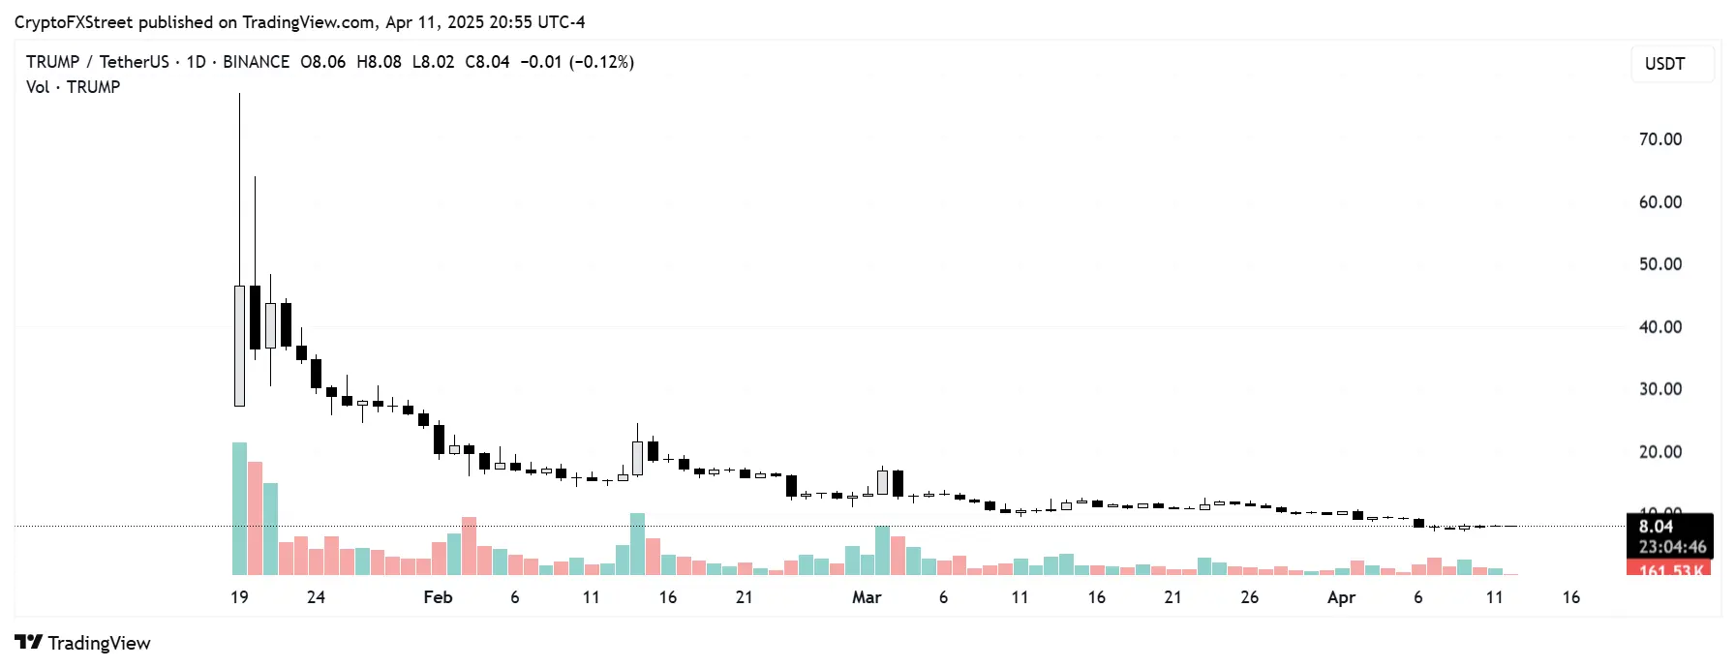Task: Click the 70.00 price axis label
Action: pyautogui.click(x=1660, y=139)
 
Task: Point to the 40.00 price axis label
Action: pyautogui.click(x=1660, y=327)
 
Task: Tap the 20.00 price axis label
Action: pyautogui.click(x=1660, y=452)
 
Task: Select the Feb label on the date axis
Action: pyautogui.click(x=438, y=597)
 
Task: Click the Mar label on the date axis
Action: pyautogui.click(x=867, y=597)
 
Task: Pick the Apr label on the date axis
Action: pyautogui.click(x=1341, y=597)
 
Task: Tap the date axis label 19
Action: pyautogui.click(x=239, y=597)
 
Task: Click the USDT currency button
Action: pyautogui.click(x=1664, y=64)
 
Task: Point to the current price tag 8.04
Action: pyautogui.click(x=1656, y=527)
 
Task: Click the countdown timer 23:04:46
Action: pyautogui.click(x=1672, y=547)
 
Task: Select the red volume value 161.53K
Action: pyautogui.click(x=1670, y=570)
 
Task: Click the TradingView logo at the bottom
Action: pyautogui.click(x=83, y=643)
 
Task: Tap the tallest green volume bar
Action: pyautogui.click(x=239, y=508)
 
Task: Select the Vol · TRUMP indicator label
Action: pyautogui.click(x=74, y=87)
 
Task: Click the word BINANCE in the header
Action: pyautogui.click(x=256, y=62)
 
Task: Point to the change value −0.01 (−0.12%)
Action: pyautogui.click(x=577, y=62)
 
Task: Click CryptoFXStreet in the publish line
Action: pyautogui.click(x=74, y=22)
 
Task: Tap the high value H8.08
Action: pyautogui.click(x=379, y=62)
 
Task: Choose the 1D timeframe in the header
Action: pyautogui.click(x=196, y=62)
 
